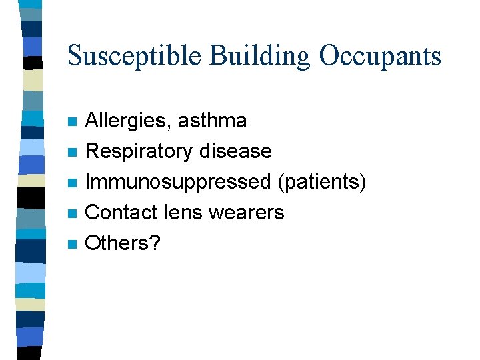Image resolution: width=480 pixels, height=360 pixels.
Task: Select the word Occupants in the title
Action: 379,55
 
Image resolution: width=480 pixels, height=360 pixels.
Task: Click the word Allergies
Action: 127,121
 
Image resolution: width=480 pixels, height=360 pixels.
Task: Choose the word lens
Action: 182,213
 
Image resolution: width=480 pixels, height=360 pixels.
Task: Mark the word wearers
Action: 247,213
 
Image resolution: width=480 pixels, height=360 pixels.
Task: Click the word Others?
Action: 123,243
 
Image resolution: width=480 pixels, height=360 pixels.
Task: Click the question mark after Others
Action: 155,243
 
